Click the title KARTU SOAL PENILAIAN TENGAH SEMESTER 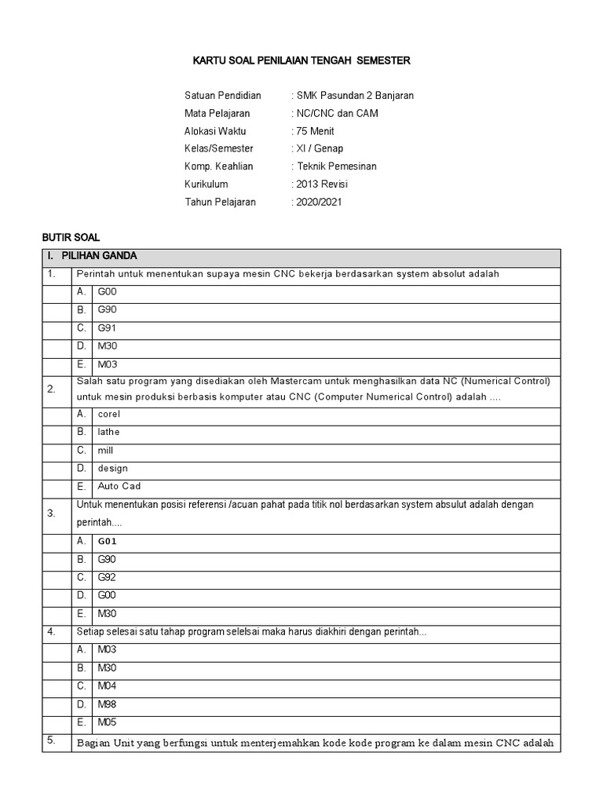301,60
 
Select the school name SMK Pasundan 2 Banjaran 353,96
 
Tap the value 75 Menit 314,131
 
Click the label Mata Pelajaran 217,114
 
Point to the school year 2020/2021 318,202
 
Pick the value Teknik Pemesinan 336,166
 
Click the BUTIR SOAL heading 71,237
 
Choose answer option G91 107,328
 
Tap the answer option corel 108,414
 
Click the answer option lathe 108,432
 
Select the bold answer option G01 108,541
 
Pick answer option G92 107,577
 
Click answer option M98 107,704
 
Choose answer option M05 107,722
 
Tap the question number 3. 51,514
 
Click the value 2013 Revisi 320,185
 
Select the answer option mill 105,451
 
